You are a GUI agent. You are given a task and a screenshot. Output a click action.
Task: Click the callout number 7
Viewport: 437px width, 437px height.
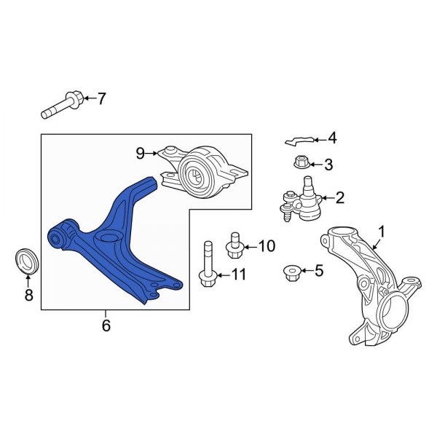101,98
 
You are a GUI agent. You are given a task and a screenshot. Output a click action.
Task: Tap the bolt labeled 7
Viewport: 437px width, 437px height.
63,105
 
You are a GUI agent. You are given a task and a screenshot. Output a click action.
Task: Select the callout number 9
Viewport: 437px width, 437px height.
141,153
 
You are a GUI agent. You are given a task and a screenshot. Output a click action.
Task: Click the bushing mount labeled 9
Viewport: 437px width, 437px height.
203,171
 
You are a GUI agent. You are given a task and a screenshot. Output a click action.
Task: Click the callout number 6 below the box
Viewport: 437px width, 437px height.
106,326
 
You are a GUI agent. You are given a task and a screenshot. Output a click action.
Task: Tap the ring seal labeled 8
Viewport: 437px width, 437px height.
26,261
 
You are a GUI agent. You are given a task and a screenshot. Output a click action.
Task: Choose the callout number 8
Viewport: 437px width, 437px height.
29,295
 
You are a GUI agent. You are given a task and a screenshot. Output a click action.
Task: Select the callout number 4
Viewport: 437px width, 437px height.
333,138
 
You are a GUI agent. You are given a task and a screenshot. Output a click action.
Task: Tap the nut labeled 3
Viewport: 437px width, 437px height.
302,162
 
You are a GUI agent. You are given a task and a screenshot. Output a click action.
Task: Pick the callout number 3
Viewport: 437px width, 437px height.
329,165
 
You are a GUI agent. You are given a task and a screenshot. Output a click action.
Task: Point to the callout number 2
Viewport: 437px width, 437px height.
340,197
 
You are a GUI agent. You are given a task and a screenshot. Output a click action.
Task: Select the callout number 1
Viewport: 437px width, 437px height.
381,232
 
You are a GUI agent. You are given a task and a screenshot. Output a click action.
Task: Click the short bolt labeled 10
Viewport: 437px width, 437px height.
235,245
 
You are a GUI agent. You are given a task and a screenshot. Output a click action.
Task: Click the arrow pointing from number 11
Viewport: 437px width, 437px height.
224,275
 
